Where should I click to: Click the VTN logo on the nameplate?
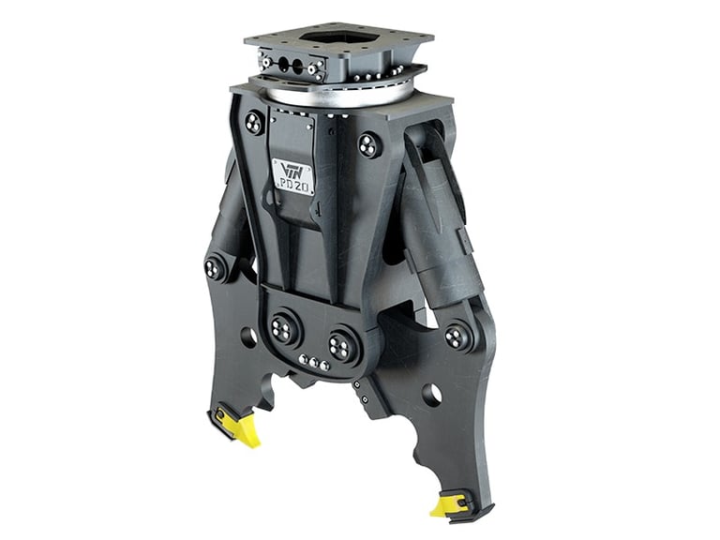pos(291,169)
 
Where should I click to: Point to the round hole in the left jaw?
pos(248,336)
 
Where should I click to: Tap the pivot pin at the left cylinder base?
pos(216,268)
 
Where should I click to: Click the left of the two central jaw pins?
pos(282,329)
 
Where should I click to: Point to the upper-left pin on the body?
pos(254,122)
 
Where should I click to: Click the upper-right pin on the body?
pos(368,145)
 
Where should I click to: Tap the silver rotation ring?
pos(337,94)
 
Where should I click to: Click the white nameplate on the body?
pos(293,176)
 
